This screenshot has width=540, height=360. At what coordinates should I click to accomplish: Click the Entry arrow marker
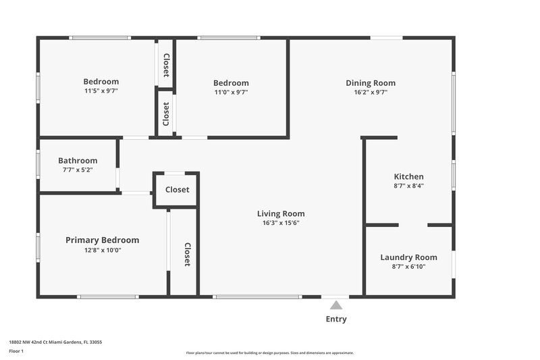[x=336, y=305]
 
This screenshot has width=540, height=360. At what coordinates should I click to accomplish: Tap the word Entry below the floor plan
[x=336, y=319]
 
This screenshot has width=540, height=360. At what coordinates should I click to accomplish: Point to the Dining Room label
[x=371, y=83]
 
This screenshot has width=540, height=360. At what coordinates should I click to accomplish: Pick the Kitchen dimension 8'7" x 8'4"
[x=408, y=186]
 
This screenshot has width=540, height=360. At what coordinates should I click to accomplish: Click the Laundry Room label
[x=408, y=257]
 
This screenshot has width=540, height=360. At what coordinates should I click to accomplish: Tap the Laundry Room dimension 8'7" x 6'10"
[x=408, y=267]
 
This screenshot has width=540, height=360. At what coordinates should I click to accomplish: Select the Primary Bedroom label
[x=102, y=240]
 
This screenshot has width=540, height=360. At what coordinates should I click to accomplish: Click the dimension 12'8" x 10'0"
[x=102, y=250]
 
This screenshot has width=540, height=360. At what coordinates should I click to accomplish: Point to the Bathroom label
[x=78, y=161]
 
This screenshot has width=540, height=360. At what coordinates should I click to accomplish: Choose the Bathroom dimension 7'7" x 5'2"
[x=78, y=170]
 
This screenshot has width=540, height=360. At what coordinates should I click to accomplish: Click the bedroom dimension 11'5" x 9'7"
[x=101, y=91]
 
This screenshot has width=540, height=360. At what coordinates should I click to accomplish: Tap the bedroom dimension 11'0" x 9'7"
[x=232, y=92]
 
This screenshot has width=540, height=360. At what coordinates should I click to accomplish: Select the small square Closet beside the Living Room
[x=178, y=190]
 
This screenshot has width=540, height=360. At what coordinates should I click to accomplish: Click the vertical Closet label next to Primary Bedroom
[x=188, y=255]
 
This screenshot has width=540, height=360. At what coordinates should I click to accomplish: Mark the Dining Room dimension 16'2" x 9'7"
[x=371, y=93]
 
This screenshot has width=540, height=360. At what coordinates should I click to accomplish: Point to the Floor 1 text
[x=16, y=351]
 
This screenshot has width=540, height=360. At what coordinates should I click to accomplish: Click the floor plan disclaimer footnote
[x=269, y=353]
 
